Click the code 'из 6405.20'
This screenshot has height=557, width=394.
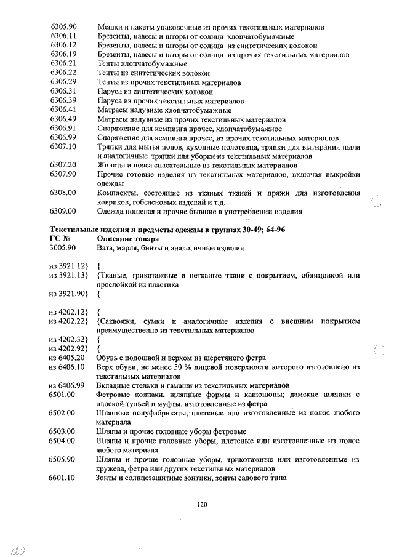(x=66, y=358)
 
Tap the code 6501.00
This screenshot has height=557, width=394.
(x=63, y=395)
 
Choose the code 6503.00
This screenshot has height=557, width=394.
(x=63, y=431)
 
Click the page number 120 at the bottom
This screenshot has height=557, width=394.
(x=202, y=505)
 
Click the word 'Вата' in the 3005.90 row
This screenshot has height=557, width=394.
(x=107, y=248)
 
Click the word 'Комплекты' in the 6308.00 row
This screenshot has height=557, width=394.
(x=119, y=193)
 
